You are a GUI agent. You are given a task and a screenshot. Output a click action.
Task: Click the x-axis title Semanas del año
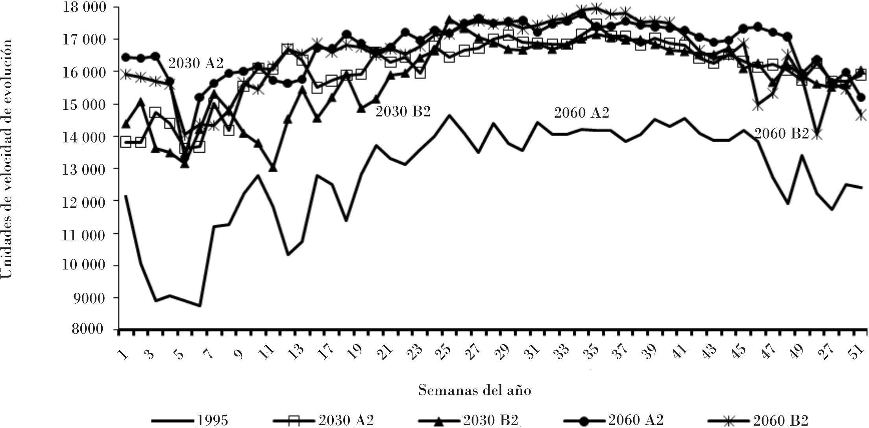coord(475,391)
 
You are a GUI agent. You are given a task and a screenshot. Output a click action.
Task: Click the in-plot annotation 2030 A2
coord(196,63)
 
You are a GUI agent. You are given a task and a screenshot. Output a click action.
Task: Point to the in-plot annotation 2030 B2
coord(403,112)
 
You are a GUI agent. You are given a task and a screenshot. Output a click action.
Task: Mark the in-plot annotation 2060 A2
coord(582,113)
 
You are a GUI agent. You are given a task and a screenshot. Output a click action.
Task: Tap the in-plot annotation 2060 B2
coord(782,134)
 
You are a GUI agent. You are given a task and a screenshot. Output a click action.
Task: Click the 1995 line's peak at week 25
coord(449,115)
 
